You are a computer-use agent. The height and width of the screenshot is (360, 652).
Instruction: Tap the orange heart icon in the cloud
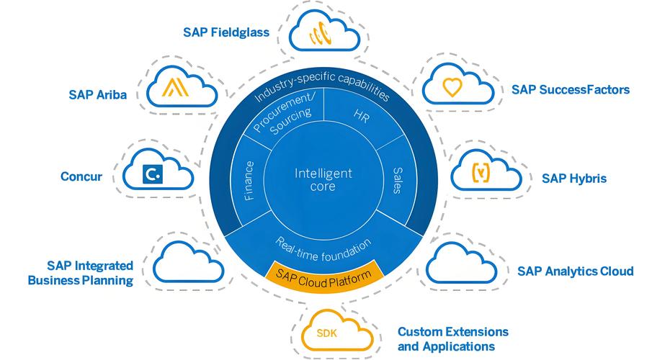pyautogui.click(x=451, y=89)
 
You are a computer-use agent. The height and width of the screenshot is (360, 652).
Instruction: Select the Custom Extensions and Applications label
pyautogui.click(x=452, y=339)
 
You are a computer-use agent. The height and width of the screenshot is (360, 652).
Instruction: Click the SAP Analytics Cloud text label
pyautogui.click(x=575, y=271)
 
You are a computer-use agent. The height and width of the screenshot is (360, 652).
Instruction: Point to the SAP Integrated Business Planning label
pyautogui.click(x=81, y=274)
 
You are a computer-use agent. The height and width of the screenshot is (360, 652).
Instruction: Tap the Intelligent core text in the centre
pyautogui.click(x=323, y=180)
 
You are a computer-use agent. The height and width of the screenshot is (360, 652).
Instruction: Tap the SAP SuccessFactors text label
pyautogui.click(x=571, y=90)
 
